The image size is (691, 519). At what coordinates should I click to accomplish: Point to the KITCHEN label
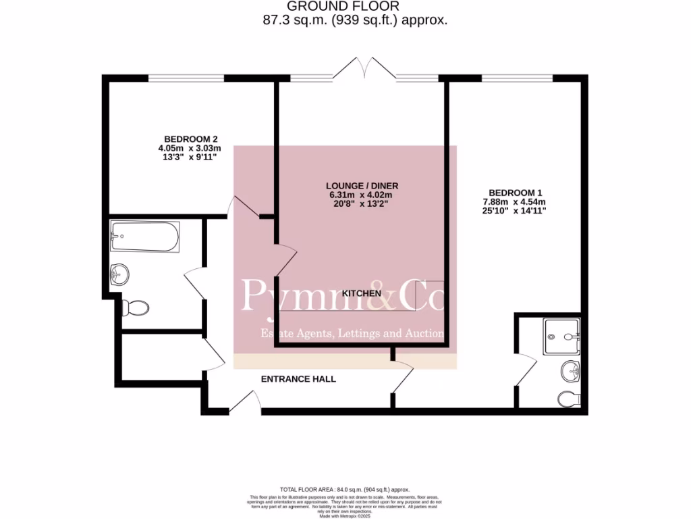tap(362, 293)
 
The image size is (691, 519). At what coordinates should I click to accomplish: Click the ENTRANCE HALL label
tap(298, 379)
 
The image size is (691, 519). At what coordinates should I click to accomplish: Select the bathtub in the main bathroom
tap(145, 237)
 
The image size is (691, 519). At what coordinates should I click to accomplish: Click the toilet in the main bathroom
tap(136, 308)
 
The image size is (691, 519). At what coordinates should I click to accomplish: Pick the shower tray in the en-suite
tap(561, 335)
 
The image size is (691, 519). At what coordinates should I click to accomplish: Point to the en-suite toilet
tap(569, 399)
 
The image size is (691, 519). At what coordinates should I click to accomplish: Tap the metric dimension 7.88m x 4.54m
tap(514, 201)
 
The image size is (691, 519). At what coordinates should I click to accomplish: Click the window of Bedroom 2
tap(186, 78)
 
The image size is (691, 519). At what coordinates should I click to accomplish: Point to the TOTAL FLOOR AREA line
tap(345, 489)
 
